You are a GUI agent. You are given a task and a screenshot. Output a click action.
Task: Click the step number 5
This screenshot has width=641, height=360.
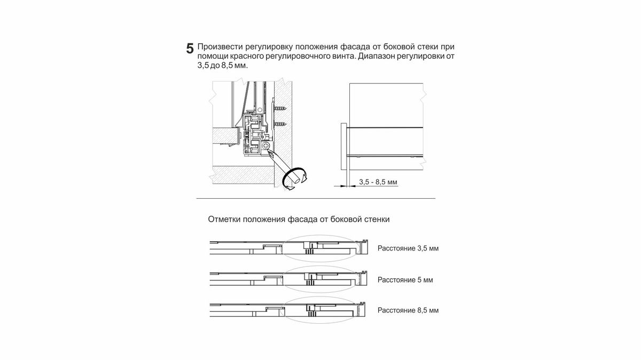(190, 49)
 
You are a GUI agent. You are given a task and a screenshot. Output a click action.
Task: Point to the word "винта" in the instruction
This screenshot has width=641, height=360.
(337, 56)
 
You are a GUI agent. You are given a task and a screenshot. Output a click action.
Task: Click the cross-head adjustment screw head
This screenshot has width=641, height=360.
(267, 145)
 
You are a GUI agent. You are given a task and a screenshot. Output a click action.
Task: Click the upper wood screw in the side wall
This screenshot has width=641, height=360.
(279, 109)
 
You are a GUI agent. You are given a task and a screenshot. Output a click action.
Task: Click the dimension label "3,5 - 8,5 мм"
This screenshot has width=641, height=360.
(378, 182)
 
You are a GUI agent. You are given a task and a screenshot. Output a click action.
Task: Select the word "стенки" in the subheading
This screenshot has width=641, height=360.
(378, 220)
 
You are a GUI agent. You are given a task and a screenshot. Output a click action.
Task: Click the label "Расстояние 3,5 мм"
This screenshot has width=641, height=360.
(408, 248)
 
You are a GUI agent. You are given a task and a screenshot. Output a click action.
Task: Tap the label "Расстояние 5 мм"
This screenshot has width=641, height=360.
(404, 279)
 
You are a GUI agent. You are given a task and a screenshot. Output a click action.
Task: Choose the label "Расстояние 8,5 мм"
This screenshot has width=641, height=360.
(408, 310)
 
